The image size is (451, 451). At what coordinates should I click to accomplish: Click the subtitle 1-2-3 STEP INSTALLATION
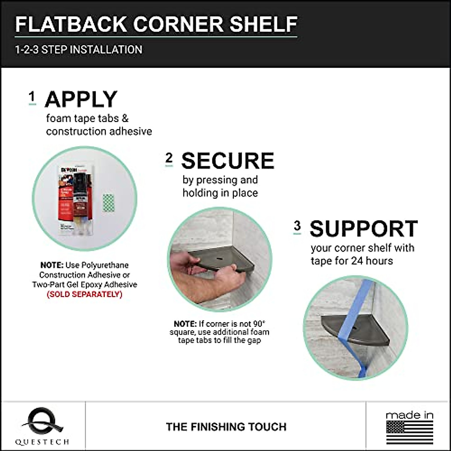tap(79, 50)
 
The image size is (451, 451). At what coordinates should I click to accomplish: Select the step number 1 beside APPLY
tap(32, 97)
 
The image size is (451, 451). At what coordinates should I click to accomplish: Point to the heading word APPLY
tap(81, 100)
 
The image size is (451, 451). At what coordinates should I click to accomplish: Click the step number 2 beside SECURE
tap(169, 159)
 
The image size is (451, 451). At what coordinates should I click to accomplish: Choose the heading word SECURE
tap(228, 161)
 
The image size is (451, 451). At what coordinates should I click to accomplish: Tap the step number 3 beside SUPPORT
tap(297, 226)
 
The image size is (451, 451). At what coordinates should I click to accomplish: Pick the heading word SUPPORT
tap(363, 229)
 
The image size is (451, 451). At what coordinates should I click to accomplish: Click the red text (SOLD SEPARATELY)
tap(85, 294)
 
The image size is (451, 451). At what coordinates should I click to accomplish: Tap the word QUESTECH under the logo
tap(42, 442)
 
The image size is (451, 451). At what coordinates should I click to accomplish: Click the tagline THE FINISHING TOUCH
tap(226, 427)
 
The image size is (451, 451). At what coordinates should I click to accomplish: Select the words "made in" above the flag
tap(410, 415)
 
